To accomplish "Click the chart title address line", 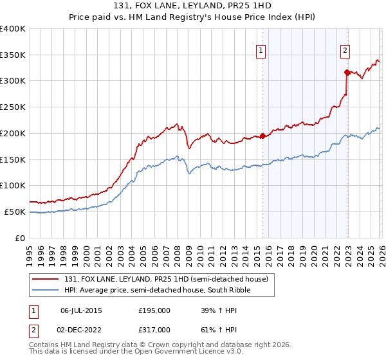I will (x=192, y=7).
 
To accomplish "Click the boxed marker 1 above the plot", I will (x=261, y=50).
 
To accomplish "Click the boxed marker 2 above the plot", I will (x=345, y=50).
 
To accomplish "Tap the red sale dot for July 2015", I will (x=262, y=136).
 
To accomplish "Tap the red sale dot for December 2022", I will (x=347, y=71).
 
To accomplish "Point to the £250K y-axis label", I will (x=13, y=107).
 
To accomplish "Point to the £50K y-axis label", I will (x=15, y=212).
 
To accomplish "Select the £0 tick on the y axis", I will (x=21, y=238).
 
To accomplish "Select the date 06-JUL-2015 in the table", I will (x=82, y=310).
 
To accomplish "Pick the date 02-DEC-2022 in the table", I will (x=82, y=329).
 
